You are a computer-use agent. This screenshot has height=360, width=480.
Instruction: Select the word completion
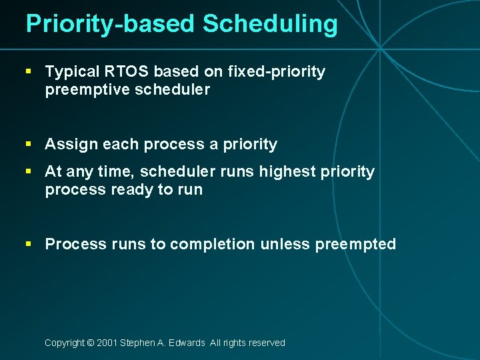(212, 245)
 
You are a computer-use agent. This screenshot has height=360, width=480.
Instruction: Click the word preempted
(355, 245)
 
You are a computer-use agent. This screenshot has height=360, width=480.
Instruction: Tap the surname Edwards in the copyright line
(187, 343)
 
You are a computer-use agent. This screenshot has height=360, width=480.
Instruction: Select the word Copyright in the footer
(64, 343)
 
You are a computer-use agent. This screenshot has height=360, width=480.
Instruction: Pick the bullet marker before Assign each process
(29, 144)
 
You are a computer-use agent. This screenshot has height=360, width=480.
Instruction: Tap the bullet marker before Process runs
(29, 244)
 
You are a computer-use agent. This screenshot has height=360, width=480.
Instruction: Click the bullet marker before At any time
(29, 171)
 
